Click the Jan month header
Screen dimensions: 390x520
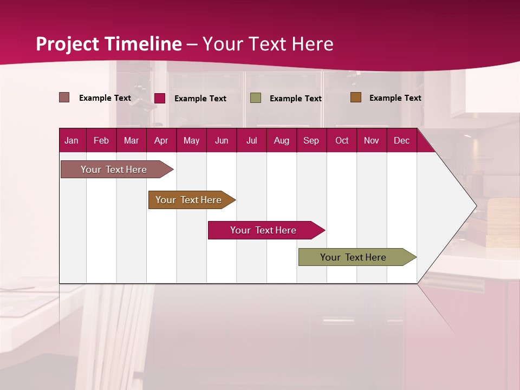click(71, 140)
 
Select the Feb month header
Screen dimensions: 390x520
click(101, 140)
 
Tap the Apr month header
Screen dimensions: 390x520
click(161, 140)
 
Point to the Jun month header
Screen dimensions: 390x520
click(222, 140)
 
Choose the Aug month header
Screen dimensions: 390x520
click(281, 140)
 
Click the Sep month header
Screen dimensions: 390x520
click(311, 140)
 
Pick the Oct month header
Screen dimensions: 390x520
click(342, 140)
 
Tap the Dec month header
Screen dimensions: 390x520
click(401, 140)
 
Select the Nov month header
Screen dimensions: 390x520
click(372, 140)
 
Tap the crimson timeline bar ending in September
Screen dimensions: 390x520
click(264, 230)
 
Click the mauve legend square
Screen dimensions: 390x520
click(64, 97)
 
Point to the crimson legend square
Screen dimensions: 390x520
click(160, 98)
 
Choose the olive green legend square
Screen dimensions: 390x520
click(256, 98)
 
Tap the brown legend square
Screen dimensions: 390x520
click(356, 97)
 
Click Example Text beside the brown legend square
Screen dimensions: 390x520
click(395, 98)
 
